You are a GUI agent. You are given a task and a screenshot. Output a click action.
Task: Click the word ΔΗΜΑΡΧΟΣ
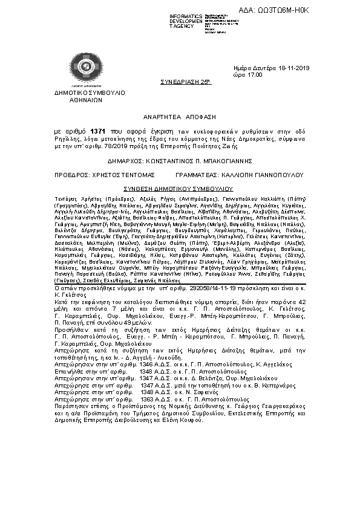coord(125,162)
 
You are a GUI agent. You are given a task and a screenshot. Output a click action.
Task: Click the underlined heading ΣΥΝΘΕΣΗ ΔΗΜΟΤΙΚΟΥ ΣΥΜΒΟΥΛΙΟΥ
coord(180,188)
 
